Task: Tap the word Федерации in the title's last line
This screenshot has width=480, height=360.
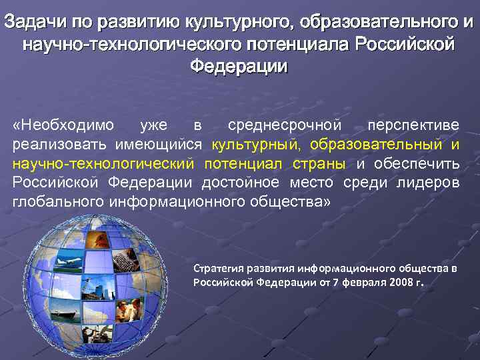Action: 239,67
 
